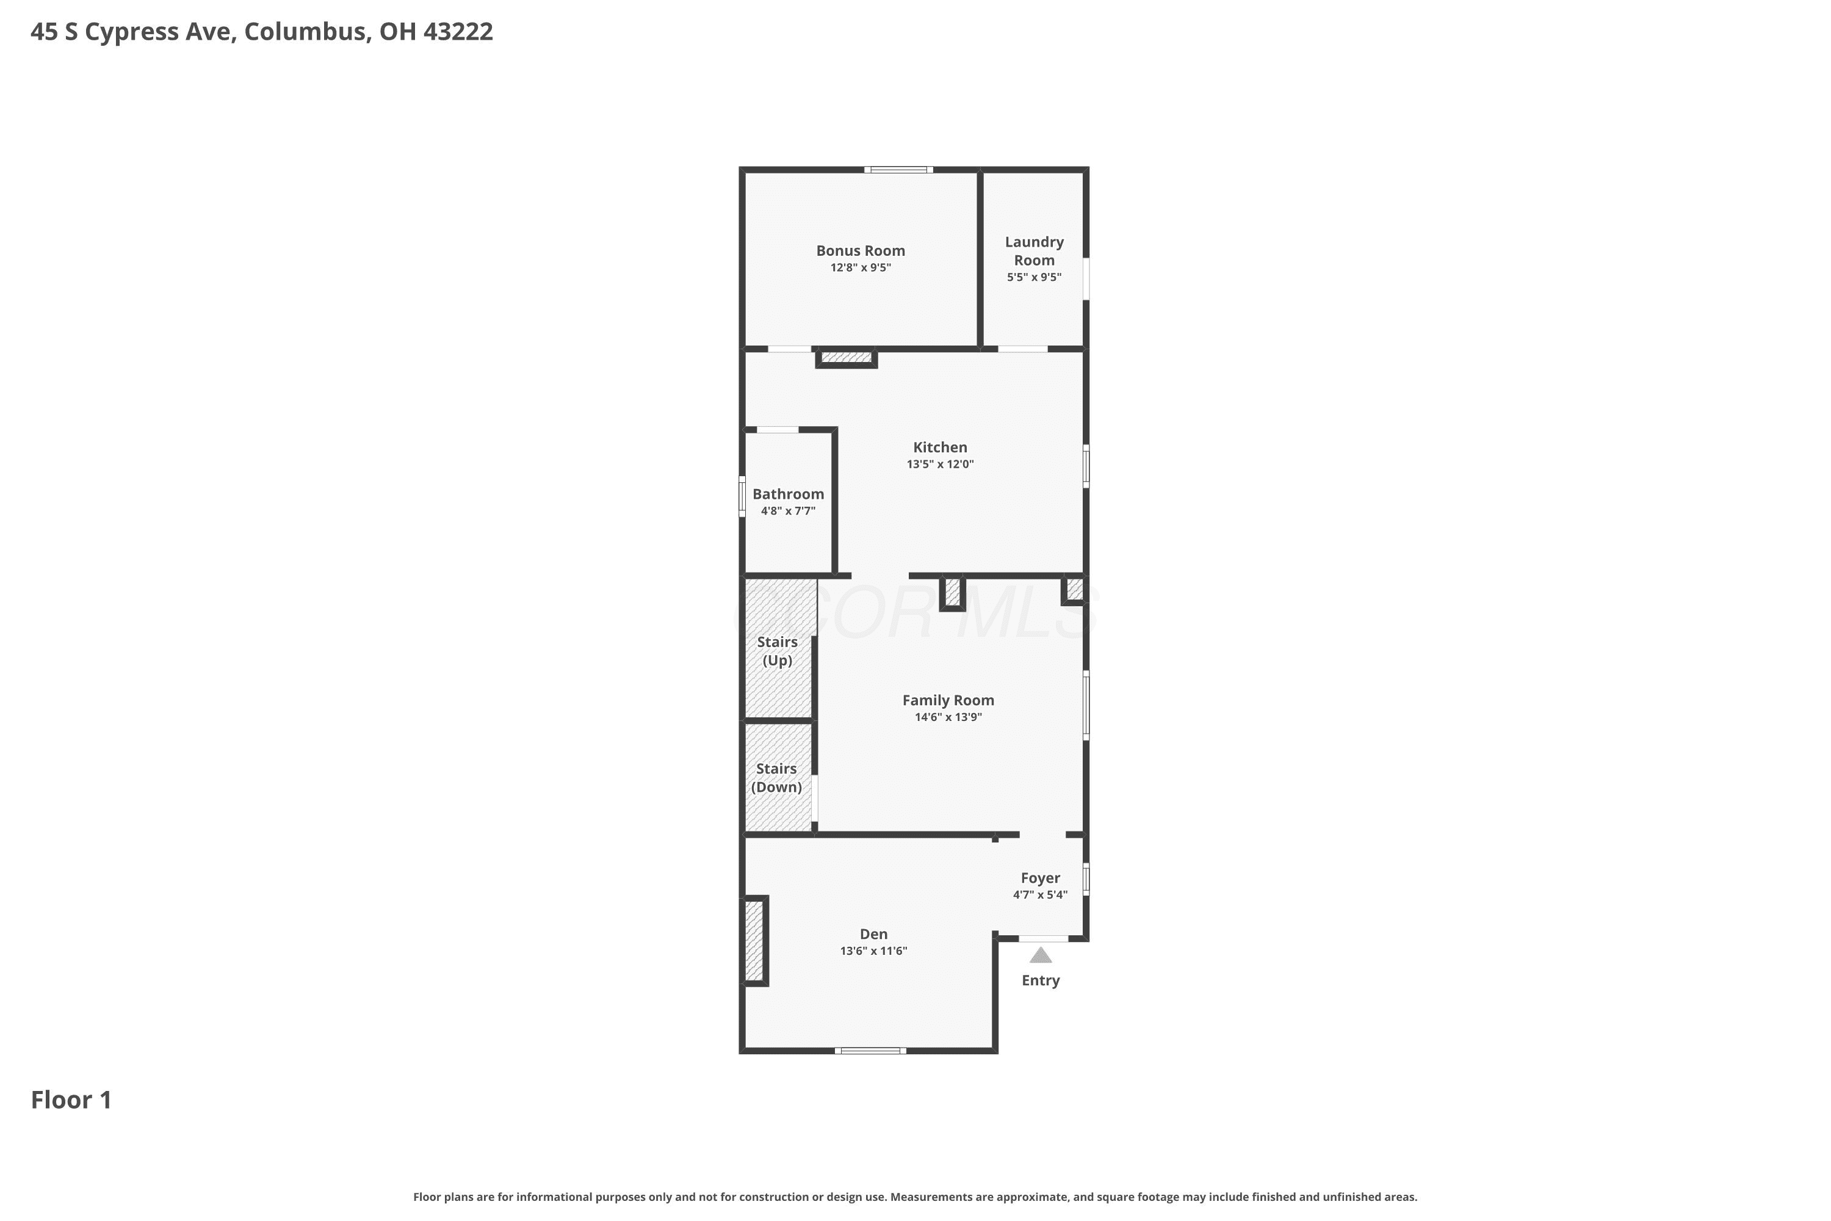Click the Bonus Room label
(x=860, y=251)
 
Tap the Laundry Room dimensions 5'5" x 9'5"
(x=1034, y=277)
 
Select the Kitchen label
(x=941, y=447)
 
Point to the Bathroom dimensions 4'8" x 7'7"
(x=788, y=511)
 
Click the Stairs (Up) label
(x=778, y=651)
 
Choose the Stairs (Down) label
(x=776, y=778)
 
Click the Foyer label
(x=1040, y=878)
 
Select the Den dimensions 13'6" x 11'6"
(x=873, y=951)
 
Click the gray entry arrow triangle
(x=1041, y=955)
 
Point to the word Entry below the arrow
(x=1041, y=980)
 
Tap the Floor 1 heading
(x=71, y=1100)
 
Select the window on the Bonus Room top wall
(x=898, y=170)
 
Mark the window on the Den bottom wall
(x=870, y=1051)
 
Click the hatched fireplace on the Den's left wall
(x=754, y=941)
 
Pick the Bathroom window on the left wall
(x=742, y=496)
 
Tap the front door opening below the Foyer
(x=1043, y=938)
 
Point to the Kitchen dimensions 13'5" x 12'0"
(x=941, y=464)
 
